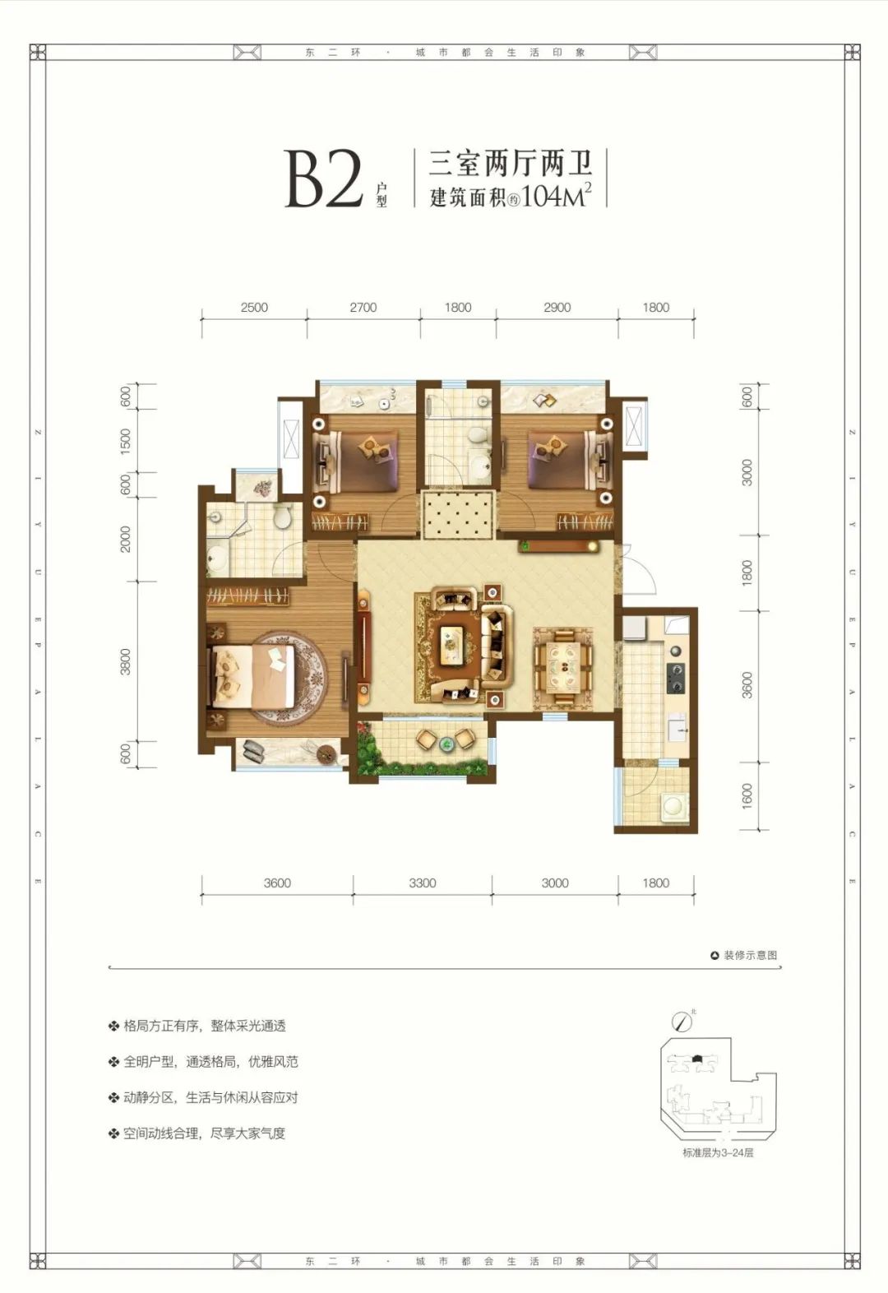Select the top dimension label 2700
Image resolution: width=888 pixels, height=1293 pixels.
tap(363, 308)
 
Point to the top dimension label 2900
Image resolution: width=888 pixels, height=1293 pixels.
tap(557, 308)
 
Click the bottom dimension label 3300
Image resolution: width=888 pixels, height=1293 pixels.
tap(422, 883)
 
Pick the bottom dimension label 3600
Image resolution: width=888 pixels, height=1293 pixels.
tap(277, 883)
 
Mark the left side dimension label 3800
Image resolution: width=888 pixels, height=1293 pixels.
tap(126, 662)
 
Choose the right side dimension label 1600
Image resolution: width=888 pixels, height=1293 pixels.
tap(747, 795)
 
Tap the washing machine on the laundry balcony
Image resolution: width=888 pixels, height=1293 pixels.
tap(673, 806)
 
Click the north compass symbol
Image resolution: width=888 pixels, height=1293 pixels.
tap(682, 1022)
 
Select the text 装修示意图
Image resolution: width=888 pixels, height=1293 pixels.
tap(750, 955)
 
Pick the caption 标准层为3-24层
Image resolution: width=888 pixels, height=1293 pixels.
tap(717, 1152)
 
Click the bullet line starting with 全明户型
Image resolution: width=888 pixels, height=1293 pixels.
tap(210, 1062)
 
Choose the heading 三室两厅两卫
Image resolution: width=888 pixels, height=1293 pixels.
tap(511, 165)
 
